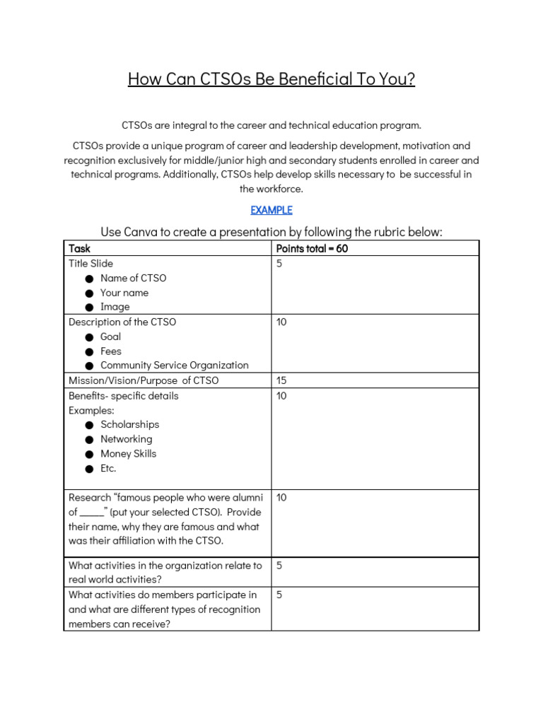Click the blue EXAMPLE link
click(271, 210)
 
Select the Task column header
click(79, 248)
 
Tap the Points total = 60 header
click(312, 248)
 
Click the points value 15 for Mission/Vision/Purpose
click(281, 380)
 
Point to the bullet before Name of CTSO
click(89, 279)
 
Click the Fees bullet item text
click(111, 351)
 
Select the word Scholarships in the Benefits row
click(129, 424)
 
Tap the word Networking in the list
click(126, 439)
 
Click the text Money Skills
click(128, 453)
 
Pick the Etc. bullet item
click(108, 468)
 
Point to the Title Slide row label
click(90, 264)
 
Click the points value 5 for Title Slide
click(279, 264)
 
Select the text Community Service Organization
click(175, 366)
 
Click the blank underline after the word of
click(92, 512)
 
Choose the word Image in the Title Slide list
click(115, 307)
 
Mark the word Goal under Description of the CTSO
click(110, 337)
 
